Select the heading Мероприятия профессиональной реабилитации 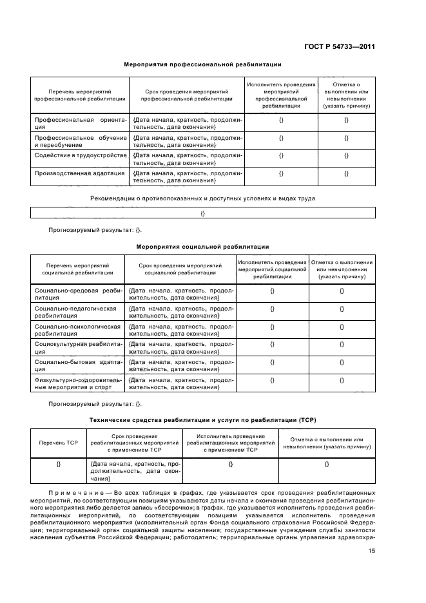point(202,64)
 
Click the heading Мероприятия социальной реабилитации point(202,247)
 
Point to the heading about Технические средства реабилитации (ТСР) point(202,420)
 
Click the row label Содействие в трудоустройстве point(80,155)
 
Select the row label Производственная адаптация point(80,173)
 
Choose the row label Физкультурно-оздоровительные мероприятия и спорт point(78,384)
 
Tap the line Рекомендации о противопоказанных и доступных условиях point(202,198)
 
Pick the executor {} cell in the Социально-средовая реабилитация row point(272,291)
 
